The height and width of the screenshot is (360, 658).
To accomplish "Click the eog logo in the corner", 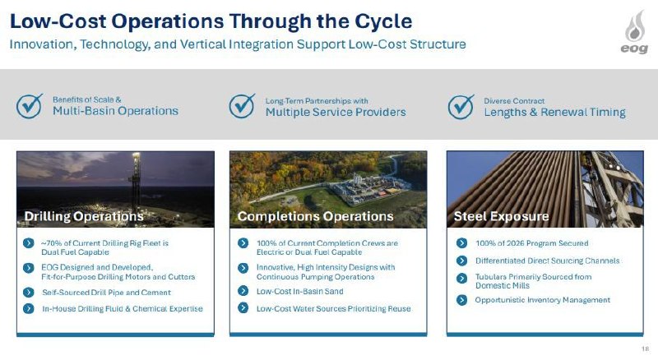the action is pyautogui.click(x=634, y=32).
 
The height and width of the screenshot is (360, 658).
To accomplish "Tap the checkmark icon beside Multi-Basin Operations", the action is pyautogui.click(x=30, y=106).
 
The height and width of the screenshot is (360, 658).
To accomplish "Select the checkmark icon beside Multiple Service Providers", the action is pyautogui.click(x=242, y=106).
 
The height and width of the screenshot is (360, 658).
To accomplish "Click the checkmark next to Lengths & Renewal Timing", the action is pyautogui.click(x=461, y=107).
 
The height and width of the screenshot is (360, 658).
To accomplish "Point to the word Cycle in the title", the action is pyautogui.click(x=383, y=21).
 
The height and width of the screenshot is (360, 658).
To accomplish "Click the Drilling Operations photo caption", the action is pyautogui.click(x=84, y=216).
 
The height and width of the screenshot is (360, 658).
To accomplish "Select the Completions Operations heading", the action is pyautogui.click(x=316, y=216).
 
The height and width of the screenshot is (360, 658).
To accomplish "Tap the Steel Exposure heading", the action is pyautogui.click(x=502, y=216).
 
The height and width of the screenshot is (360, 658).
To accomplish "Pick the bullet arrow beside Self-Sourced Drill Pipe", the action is pyautogui.click(x=29, y=293).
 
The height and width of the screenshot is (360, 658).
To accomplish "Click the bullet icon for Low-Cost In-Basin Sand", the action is pyautogui.click(x=243, y=291).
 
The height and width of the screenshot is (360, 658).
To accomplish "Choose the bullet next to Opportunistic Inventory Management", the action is pyautogui.click(x=461, y=300).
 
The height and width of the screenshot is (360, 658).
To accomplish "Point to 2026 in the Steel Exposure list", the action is pyautogui.click(x=516, y=243).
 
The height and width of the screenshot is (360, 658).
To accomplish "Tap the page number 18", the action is pyautogui.click(x=646, y=348).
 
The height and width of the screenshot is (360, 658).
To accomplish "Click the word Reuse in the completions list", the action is pyautogui.click(x=399, y=308).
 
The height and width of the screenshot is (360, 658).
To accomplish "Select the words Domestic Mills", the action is pyautogui.click(x=503, y=286).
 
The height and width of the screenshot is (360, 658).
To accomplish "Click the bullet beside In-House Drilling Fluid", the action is pyautogui.click(x=29, y=309).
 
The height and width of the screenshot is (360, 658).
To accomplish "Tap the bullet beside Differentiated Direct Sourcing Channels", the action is pyautogui.click(x=461, y=261).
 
